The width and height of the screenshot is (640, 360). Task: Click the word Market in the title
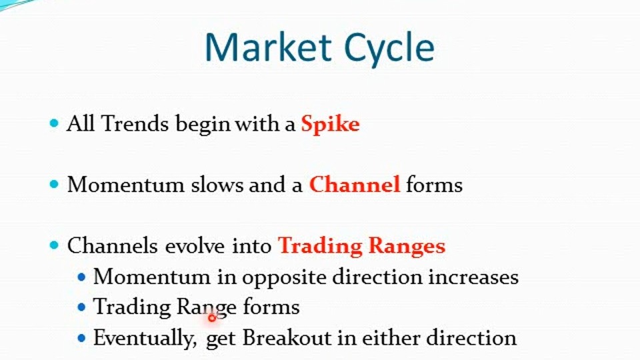point(268,47)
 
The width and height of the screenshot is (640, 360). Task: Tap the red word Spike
point(330,124)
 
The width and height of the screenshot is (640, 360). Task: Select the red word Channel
point(354,184)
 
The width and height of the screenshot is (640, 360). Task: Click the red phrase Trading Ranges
point(361,246)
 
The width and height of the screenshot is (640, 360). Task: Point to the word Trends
point(135,123)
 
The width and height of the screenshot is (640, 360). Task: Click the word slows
point(217,185)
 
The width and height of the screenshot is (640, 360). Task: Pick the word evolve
point(195,246)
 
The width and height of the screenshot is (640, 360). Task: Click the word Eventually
point(145,339)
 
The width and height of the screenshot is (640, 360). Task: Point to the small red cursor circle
point(211,317)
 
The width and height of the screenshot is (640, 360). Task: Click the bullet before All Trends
point(54,123)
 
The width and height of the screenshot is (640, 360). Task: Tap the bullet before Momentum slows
point(54,184)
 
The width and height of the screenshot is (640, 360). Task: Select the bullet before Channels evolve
point(54,245)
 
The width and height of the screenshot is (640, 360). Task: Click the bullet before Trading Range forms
point(81,307)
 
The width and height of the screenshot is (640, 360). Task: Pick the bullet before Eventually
point(81,338)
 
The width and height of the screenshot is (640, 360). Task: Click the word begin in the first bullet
point(203,124)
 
